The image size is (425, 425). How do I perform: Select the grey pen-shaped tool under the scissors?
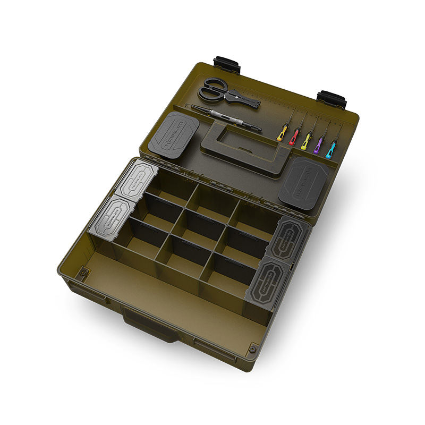pyautogui.click(x=226, y=118)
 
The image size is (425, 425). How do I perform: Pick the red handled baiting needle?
pyautogui.click(x=293, y=138)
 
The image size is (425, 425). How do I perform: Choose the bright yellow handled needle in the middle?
pyautogui.click(x=306, y=142)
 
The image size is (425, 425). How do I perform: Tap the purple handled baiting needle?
pyautogui.click(x=318, y=146)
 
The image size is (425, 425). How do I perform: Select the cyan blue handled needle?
pyautogui.click(x=330, y=150)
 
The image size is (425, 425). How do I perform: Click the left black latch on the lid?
pyautogui.click(x=227, y=65)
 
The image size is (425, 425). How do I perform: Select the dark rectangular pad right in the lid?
pyautogui.click(x=303, y=182)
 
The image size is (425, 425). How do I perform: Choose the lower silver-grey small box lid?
pyautogui.click(x=112, y=218)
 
